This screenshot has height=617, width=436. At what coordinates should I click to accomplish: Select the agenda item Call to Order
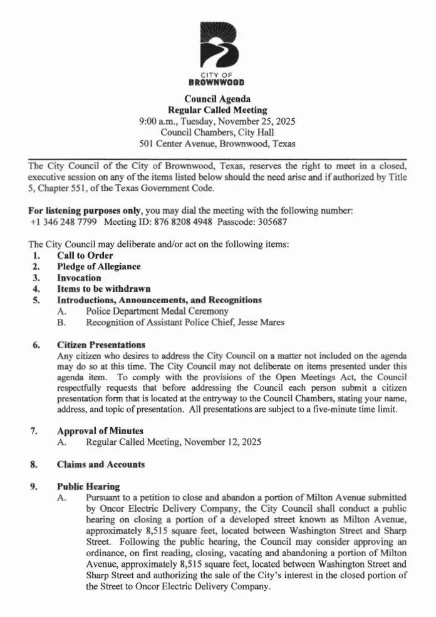(x=85, y=256)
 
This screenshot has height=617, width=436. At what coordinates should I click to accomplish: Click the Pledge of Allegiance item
(x=98, y=267)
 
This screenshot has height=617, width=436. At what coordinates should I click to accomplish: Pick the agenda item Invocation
(x=79, y=277)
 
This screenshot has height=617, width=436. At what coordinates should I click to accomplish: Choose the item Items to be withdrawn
(x=103, y=289)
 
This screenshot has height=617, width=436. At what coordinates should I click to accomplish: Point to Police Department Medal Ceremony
(x=157, y=311)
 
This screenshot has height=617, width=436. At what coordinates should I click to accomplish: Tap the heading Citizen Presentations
(x=101, y=345)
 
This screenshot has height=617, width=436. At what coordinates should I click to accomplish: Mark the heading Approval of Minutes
(x=100, y=431)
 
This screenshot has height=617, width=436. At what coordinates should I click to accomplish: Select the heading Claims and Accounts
(x=101, y=464)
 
